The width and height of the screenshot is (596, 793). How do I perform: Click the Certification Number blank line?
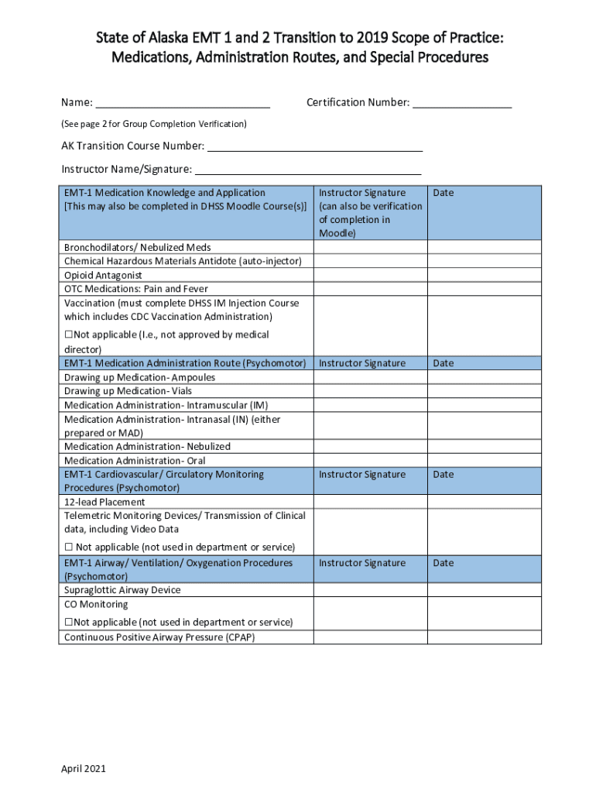461,104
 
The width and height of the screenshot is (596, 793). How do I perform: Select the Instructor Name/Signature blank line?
307,170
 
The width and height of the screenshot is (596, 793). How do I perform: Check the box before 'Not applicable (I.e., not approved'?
68,335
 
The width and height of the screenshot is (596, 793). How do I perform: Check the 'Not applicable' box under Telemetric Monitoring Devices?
68,548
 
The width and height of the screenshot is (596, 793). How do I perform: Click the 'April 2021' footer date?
84,769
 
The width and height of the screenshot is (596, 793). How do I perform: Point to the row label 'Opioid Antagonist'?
103,276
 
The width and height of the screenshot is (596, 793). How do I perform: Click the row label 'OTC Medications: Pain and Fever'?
136,290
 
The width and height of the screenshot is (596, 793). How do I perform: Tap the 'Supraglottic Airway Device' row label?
122,590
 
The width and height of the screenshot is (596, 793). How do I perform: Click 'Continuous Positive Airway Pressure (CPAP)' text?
159,638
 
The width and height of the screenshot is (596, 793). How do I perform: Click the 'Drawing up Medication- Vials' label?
128,391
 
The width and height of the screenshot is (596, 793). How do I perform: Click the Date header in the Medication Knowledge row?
444,193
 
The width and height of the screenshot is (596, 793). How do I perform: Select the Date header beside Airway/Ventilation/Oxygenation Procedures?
444,563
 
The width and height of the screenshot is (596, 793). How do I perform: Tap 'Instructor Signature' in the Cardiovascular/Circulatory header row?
362,475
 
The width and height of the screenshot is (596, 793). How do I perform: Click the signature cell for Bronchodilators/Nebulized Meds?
370,248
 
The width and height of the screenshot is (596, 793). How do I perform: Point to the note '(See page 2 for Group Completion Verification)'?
154,124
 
